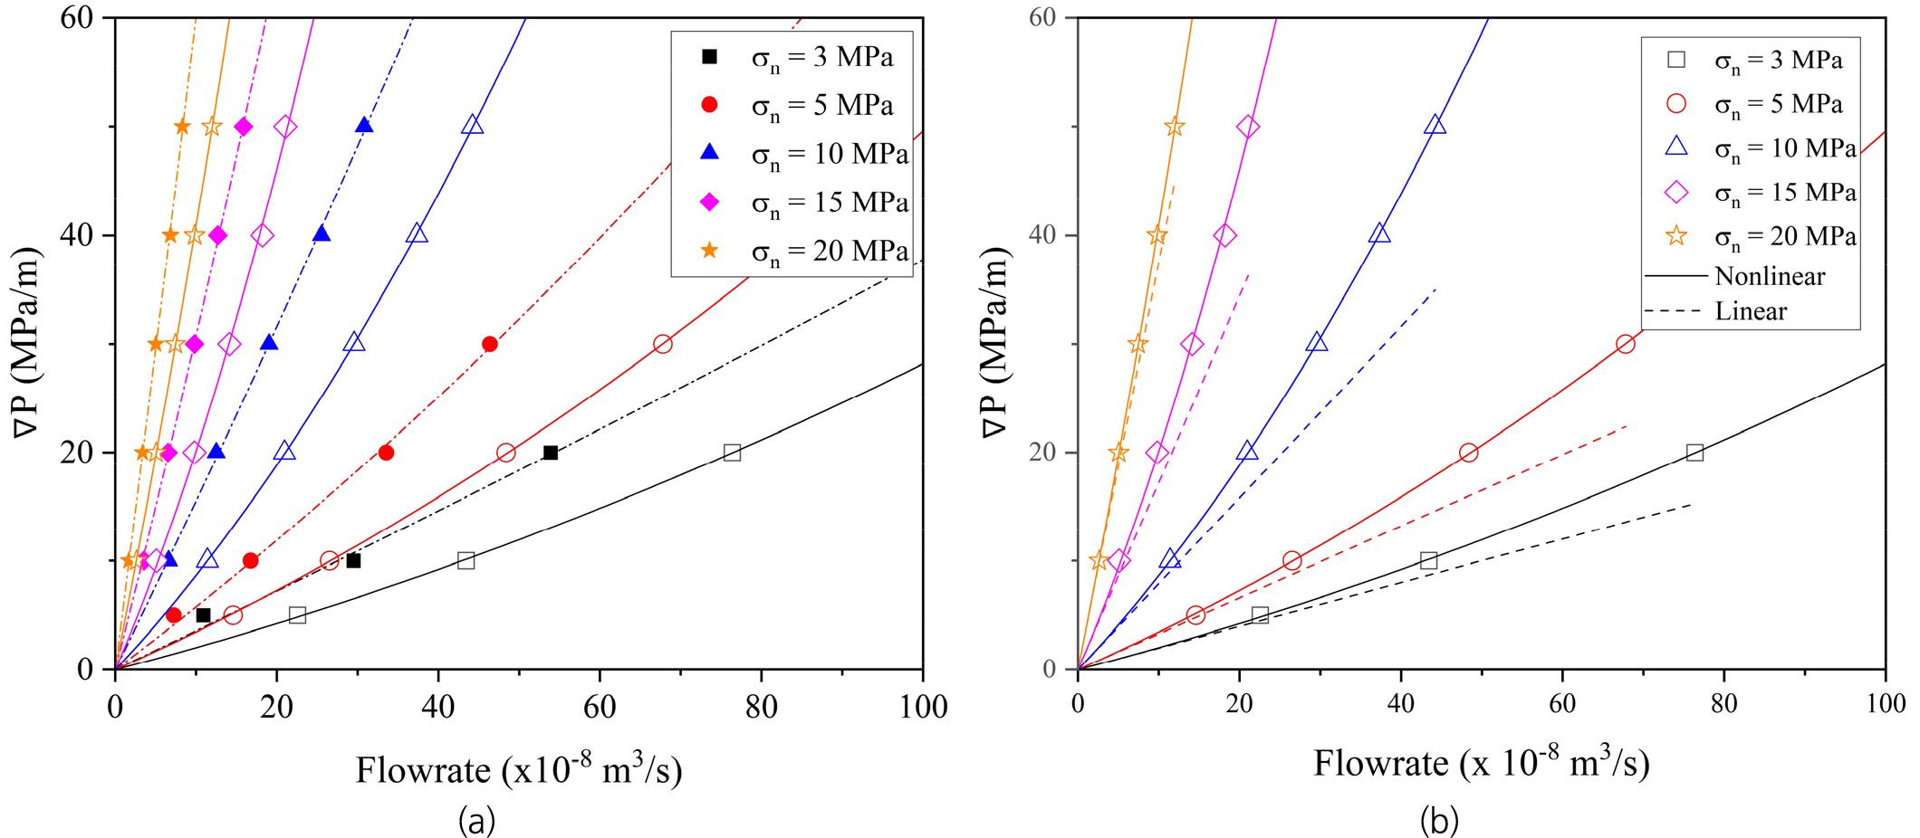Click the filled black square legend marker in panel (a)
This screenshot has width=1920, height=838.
pos(710,57)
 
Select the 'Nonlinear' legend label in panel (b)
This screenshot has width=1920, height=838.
pos(1770,276)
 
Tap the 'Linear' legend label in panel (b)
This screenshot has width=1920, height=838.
pos(1751,311)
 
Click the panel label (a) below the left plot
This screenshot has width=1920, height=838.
pos(476,821)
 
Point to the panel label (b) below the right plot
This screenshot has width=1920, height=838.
pos(1439,821)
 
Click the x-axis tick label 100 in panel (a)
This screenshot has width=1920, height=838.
pos(923,706)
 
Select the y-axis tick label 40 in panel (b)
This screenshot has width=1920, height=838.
pos(1044,235)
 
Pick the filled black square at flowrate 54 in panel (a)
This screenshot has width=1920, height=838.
pos(550,452)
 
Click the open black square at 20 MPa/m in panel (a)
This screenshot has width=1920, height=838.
pos(732,452)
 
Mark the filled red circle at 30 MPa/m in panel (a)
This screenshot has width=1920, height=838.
pos(489,344)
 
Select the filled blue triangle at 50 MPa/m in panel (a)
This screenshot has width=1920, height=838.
pos(364,125)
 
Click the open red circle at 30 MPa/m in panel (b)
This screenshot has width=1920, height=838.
pos(1625,344)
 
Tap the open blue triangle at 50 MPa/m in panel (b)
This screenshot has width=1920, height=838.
pos(1435,125)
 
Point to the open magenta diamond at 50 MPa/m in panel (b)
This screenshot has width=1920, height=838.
pos(1247,127)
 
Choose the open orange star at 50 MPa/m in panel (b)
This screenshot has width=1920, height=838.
pos(1174,127)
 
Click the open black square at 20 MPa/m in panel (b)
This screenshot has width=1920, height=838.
pos(1694,452)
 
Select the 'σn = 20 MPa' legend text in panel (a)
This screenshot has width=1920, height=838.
pos(830,251)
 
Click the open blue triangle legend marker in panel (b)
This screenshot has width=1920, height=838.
pos(1676,148)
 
